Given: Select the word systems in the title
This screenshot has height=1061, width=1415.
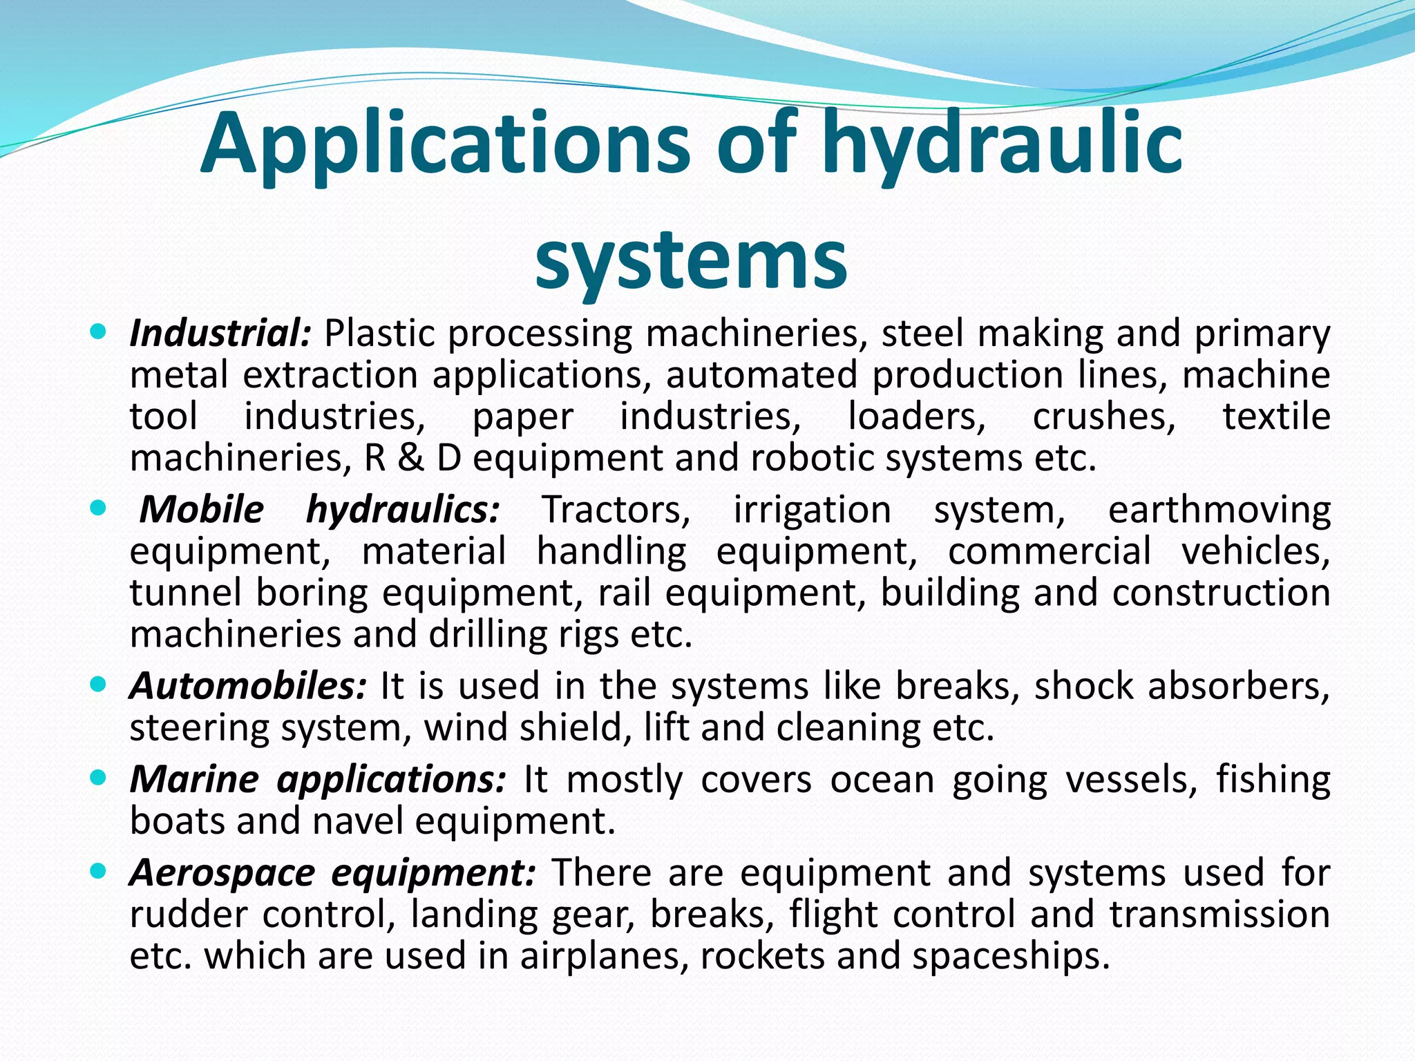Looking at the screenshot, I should (x=691, y=260).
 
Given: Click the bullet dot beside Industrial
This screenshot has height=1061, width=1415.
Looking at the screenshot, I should (x=98, y=332).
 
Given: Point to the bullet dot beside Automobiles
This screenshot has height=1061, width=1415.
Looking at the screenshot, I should (x=98, y=685).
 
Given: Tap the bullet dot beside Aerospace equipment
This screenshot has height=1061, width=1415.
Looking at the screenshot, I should (x=98, y=871).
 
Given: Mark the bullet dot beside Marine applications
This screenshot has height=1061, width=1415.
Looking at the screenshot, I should (x=98, y=778).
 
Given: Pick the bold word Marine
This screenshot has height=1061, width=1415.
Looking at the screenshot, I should (x=194, y=779).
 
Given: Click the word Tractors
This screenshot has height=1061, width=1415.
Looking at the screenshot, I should (x=616, y=510).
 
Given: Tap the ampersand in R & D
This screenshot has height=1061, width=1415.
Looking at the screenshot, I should (x=410, y=459).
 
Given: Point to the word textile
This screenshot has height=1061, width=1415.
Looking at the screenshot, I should (x=1276, y=417).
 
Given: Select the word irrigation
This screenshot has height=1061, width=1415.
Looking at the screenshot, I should (x=812, y=510).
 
